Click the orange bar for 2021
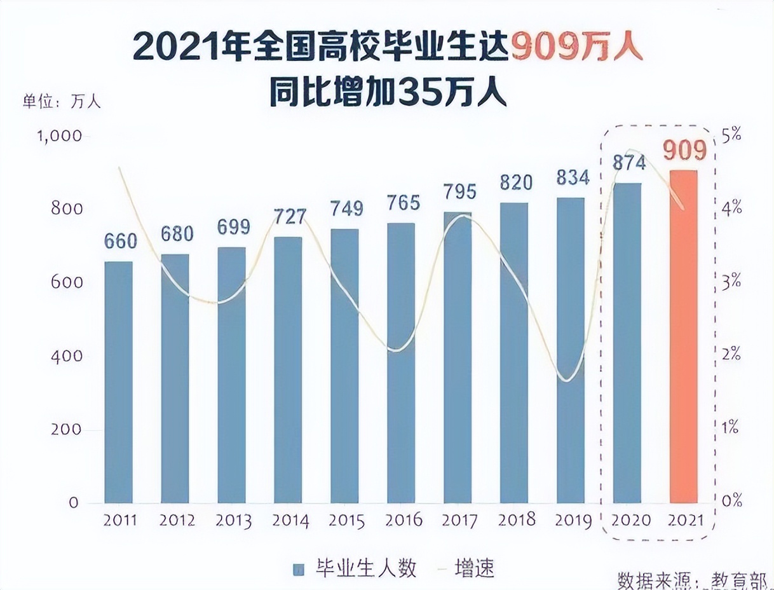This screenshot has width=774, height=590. (x=683, y=337)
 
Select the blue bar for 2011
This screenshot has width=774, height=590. (x=119, y=381)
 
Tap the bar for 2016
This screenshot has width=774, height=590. (x=401, y=362)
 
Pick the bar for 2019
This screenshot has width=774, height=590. (x=570, y=350)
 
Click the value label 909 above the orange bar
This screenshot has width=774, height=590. (x=685, y=151)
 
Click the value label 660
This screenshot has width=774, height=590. (x=120, y=242)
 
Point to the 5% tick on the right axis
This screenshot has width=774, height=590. (x=731, y=134)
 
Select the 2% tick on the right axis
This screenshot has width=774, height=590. (x=731, y=354)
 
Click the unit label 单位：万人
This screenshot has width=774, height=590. (x=62, y=102)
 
